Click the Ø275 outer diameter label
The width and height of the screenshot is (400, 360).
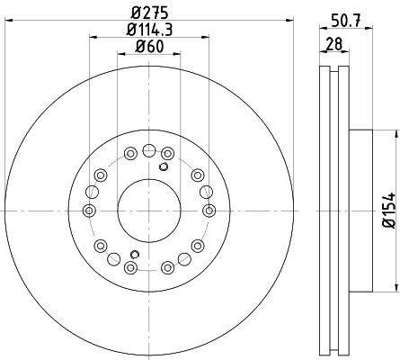(149, 13)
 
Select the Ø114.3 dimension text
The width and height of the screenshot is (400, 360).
(149, 30)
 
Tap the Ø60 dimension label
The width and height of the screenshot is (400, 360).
(149, 47)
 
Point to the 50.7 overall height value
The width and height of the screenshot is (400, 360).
(346, 21)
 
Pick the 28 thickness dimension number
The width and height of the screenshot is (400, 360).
(334, 44)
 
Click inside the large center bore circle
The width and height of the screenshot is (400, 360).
(149, 211)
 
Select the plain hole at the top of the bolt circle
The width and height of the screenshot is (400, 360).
(149, 150)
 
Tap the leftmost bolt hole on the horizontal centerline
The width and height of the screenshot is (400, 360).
(89, 211)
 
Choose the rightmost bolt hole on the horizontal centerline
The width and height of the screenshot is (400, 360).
(209, 211)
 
